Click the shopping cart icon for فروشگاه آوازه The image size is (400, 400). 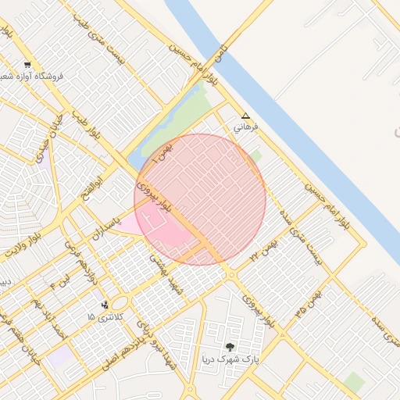(x=28, y=65)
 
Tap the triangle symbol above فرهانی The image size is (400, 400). (x=245, y=115)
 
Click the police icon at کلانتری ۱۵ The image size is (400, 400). (x=105, y=305)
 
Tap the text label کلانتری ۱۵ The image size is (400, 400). (x=101, y=316)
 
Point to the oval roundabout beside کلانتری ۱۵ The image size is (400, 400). (x=119, y=303)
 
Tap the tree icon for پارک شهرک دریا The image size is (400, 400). (x=229, y=346)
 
